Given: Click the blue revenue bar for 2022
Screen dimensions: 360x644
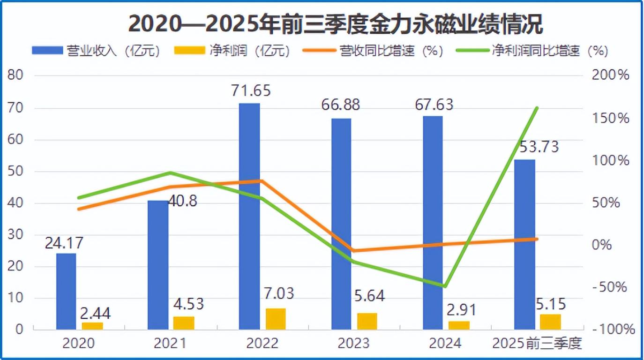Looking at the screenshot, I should [x=249, y=216].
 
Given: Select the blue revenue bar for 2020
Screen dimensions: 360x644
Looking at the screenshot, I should [x=66, y=291].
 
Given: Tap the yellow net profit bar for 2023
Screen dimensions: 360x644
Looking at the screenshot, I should [x=367, y=321].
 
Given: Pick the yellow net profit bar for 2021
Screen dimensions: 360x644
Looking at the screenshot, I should [x=184, y=323].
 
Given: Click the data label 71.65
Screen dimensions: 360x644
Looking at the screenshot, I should [x=251, y=91].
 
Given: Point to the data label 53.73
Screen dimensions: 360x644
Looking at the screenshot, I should [x=539, y=147].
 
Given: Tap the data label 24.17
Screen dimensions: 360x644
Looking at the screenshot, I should [x=64, y=243].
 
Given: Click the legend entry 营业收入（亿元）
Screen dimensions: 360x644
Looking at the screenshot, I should [x=96, y=51].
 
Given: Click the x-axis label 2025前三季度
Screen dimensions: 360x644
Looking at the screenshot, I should [x=537, y=344].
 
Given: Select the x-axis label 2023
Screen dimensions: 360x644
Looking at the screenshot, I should [x=353, y=344].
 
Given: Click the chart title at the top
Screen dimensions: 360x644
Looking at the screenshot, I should [x=335, y=25].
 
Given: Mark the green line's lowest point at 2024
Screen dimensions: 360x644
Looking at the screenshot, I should [x=445, y=286].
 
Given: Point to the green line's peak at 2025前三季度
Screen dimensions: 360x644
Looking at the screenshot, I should [x=537, y=108].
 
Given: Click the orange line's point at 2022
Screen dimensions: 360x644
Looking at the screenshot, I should [x=262, y=181].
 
